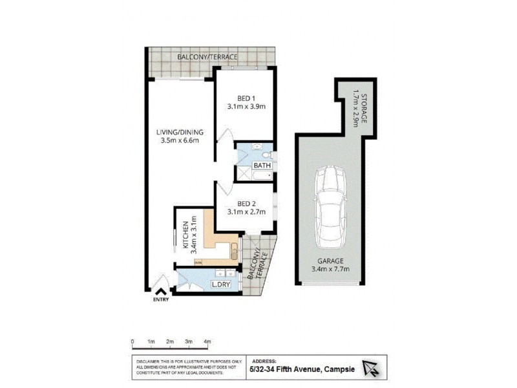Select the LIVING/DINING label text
[179, 133]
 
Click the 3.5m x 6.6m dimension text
[179, 142]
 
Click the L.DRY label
[223, 285]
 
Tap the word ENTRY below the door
[162, 300]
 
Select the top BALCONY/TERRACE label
[207, 57]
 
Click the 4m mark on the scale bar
[207, 341]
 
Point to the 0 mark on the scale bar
[132, 341]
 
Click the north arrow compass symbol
[373, 368]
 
